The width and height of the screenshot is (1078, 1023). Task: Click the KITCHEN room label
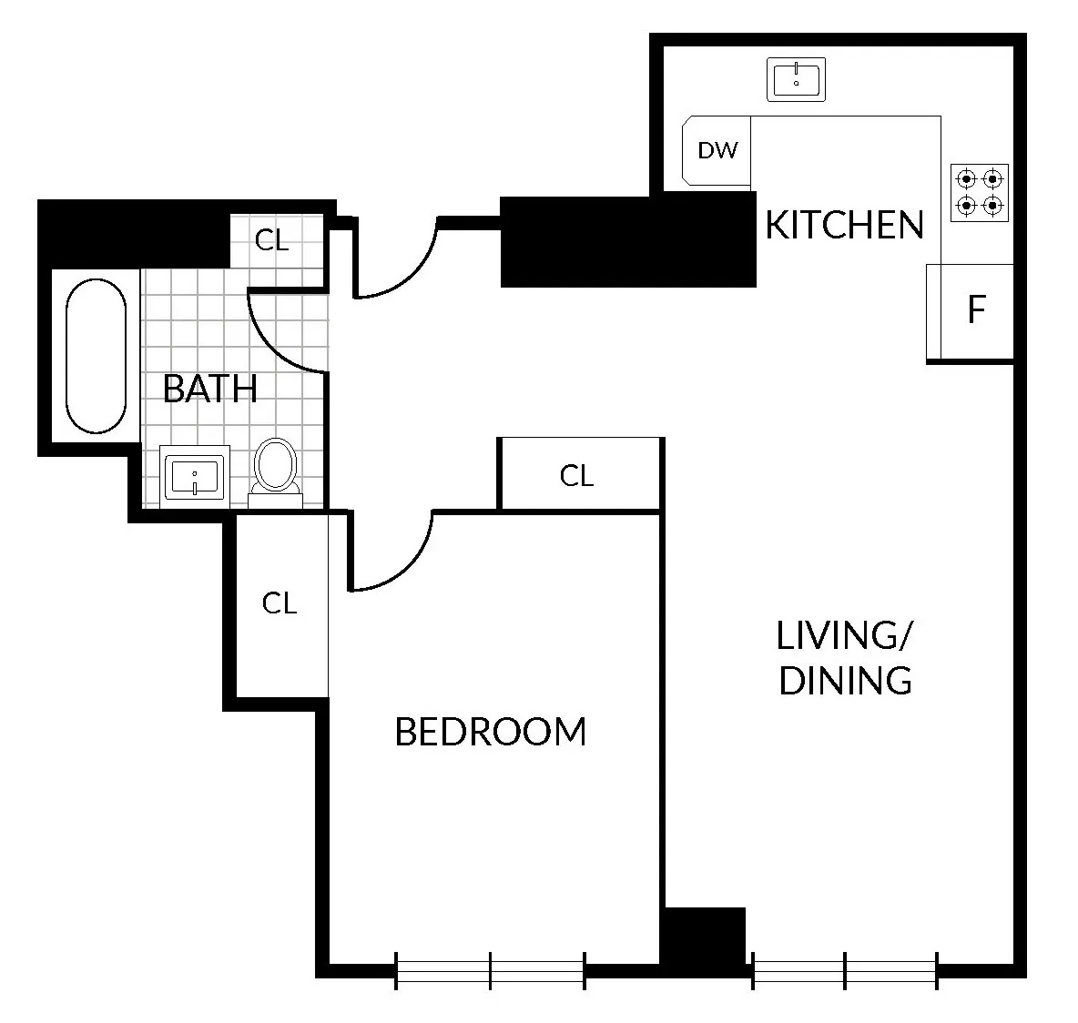coord(844,225)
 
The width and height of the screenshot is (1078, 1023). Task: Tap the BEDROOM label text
coord(491,732)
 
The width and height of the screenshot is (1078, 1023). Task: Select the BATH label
coord(209,389)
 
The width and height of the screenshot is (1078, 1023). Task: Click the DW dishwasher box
coord(717,150)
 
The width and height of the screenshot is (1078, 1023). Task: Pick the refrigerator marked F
coord(973,311)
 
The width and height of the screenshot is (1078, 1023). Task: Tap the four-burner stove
coord(980,192)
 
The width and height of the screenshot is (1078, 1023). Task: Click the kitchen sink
coord(796,79)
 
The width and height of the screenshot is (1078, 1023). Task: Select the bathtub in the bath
coord(96,355)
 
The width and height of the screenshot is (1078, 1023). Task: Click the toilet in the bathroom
coord(275,469)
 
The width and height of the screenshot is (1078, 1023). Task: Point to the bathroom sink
coord(194,475)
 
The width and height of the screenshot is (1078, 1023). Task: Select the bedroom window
coord(490,971)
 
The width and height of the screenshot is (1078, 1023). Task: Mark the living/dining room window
coord(845,971)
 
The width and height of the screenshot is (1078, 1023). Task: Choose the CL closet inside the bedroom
coord(280,603)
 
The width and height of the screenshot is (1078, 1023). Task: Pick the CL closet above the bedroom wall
coord(578,475)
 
